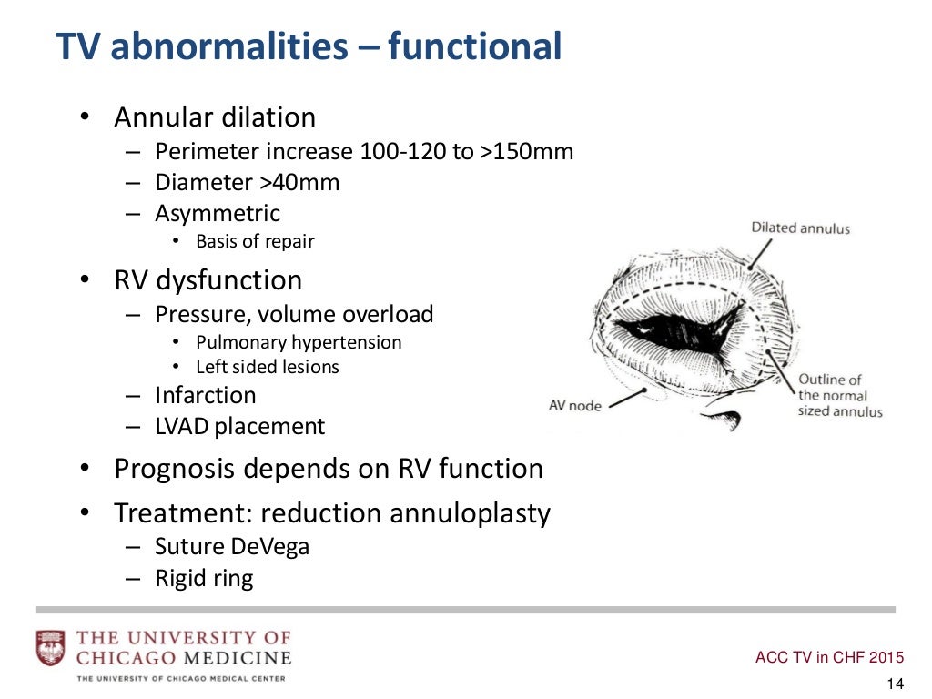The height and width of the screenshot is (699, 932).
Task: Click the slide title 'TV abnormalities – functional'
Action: tap(309, 46)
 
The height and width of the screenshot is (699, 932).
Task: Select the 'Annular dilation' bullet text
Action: tap(215, 117)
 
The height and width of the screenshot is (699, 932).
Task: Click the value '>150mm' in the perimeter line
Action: tap(525, 151)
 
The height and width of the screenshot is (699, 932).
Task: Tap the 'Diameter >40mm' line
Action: tap(247, 182)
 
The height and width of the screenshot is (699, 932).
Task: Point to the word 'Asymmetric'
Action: tap(218, 214)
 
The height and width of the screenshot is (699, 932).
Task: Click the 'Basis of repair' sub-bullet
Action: tap(255, 241)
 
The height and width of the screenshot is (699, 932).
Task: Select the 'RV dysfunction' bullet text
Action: tap(208, 279)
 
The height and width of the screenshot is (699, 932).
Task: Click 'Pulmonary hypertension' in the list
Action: tap(299, 342)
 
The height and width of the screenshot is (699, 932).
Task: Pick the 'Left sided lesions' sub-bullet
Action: tap(268, 367)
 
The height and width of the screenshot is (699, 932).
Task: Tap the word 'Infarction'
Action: tap(206, 395)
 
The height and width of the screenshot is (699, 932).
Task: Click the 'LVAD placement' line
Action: tap(239, 426)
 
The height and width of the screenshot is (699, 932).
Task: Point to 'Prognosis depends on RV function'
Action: tap(329, 469)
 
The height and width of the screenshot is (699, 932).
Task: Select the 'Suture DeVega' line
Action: tap(232, 547)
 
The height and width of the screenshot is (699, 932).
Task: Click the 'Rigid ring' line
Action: tap(204, 578)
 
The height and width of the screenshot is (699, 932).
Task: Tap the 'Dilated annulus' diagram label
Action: tap(800, 228)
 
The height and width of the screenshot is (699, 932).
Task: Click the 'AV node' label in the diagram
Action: tap(574, 405)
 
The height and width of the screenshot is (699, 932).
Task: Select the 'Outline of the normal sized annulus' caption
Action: tap(839, 395)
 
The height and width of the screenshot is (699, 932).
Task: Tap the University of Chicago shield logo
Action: tap(50, 647)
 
